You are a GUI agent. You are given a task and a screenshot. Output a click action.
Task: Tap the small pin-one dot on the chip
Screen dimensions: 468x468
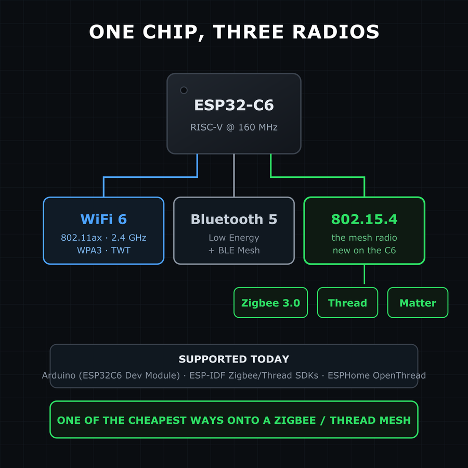point(184,90)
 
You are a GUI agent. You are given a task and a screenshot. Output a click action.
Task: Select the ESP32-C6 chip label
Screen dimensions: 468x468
point(234,105)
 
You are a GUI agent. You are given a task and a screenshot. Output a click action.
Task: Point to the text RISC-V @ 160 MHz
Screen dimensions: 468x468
point(234,127)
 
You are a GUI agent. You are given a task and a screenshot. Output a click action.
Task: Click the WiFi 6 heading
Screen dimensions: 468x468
point(103,219)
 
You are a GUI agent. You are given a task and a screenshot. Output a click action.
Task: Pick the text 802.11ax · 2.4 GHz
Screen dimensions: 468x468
point(103,238)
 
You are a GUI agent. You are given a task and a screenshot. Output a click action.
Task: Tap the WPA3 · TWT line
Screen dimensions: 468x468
point(103,250)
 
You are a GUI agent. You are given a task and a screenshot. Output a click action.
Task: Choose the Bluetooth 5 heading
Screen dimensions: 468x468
point(234,219)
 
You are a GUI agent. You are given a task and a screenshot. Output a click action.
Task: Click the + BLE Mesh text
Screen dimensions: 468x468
point(234,250)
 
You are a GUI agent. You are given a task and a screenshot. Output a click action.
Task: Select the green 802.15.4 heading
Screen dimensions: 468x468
point(364,219)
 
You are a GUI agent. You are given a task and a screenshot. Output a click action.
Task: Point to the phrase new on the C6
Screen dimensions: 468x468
point(364,250)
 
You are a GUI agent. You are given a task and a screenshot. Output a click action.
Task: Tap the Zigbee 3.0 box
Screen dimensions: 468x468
point(271,303)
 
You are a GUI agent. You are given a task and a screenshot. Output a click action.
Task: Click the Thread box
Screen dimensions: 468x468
point(347,303)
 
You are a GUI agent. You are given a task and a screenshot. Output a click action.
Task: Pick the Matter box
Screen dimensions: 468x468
point(418,303)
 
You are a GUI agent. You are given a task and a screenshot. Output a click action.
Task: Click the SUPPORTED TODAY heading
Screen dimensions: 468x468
point(234,359)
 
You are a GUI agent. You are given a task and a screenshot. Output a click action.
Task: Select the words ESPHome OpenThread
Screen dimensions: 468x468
point(376,375)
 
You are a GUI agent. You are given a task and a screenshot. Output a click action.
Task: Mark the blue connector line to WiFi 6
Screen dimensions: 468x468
point(150,177)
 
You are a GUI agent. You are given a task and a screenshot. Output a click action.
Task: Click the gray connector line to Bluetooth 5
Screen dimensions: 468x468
point(234,176)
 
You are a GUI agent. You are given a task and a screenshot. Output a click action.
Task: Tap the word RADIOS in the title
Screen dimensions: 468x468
point(336,32)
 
